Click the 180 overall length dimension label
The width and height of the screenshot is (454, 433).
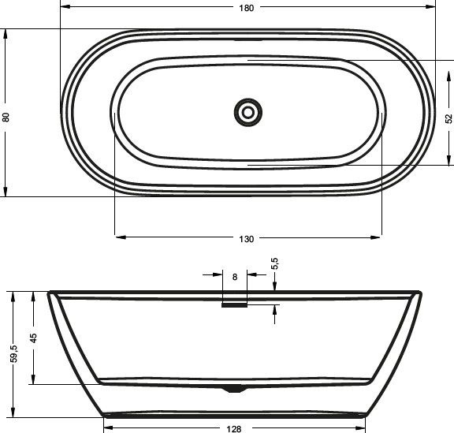click(246, 7)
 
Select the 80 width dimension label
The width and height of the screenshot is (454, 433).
click(7, 116)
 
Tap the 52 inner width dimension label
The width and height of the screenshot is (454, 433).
click(448, 118)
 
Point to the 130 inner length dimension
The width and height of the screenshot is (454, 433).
click(247, 239)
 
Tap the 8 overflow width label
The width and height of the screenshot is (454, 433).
click(235, 277)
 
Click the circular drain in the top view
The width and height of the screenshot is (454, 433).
click(247, 112)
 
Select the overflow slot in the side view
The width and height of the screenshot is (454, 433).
click(234, 306)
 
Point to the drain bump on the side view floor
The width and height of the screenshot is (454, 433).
click(234, 387)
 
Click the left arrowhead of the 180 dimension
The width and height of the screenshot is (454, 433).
click(63, 7)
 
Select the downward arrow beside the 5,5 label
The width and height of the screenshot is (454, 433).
click(274, 287)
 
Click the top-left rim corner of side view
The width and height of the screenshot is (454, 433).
click(50, 293)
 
